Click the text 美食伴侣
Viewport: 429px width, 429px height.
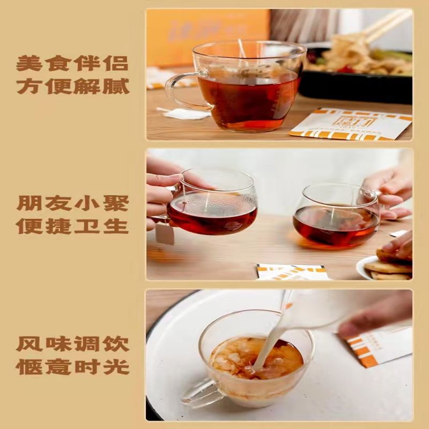point(72,64)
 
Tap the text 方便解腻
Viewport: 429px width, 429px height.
point(72,86)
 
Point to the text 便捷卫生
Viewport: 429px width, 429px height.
point(72,225)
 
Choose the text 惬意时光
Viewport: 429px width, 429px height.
point(72,367)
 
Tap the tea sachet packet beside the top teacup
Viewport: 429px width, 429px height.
point(351,124)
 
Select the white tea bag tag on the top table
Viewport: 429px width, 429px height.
point(185,113)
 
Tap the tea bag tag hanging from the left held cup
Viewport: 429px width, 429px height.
point(165,234)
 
